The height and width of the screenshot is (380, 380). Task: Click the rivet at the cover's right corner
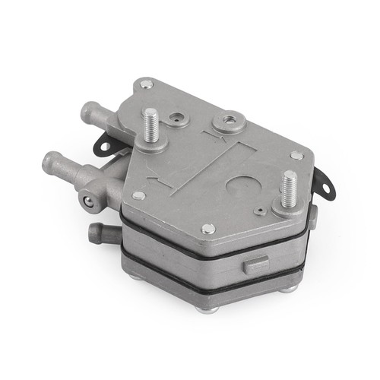point(296,155)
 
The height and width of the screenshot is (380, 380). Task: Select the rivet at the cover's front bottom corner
point(207,228)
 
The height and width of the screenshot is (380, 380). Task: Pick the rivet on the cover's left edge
point(138,195)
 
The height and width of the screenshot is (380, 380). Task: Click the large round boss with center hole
point(229,122)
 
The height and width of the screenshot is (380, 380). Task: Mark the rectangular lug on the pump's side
point(255,264)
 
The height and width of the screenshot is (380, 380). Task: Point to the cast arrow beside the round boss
point(199,137)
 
